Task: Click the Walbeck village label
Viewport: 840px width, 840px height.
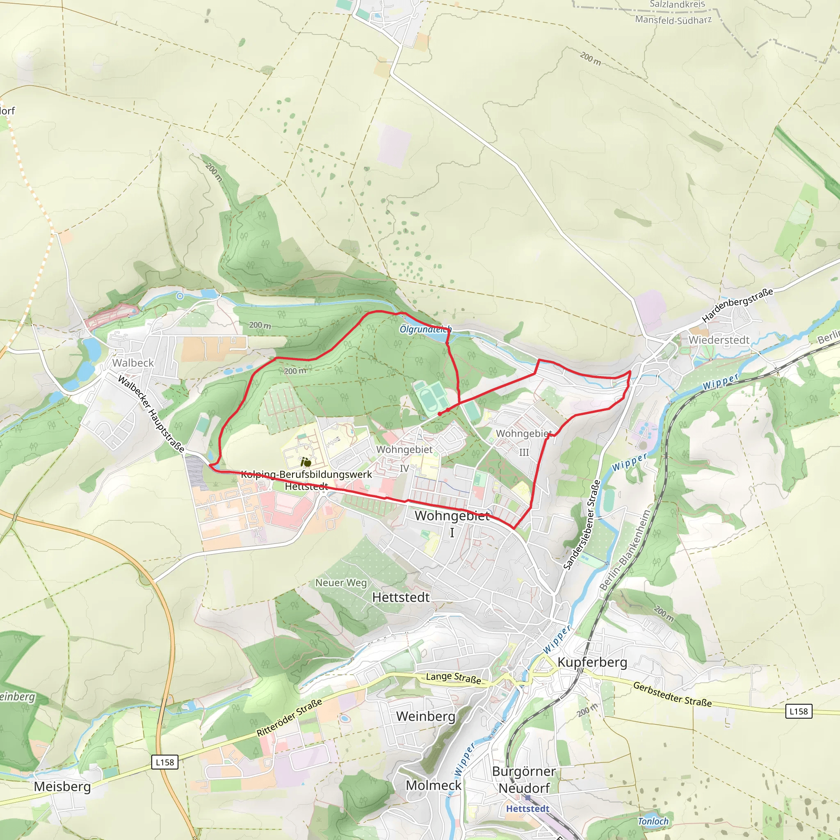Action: coord(133,363)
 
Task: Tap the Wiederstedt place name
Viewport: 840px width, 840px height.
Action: coord(719,340)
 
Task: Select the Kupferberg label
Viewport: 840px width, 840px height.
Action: coord(592,662)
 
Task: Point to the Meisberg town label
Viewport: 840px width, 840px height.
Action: coord(62,786)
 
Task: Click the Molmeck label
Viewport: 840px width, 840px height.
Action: coord(434,785)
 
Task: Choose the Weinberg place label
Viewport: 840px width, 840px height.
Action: coord(426,716)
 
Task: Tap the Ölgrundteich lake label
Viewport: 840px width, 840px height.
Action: coord(425,329)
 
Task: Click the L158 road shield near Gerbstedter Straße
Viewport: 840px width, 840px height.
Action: coord(799,711)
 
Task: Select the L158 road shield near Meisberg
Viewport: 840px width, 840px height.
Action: coord(165,762)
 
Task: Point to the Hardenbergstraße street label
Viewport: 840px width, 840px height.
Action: coord(737,305)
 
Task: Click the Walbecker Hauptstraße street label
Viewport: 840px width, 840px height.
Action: coord(151,413)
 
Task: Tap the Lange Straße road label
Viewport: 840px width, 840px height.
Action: coord(454,678)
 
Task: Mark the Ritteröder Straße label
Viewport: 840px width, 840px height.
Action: coord(289,717)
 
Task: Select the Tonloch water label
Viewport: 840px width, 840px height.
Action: coord(653,821)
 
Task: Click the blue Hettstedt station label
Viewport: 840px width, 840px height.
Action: coord(527,809)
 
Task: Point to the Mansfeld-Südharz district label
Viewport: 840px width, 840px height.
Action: coord(673,20)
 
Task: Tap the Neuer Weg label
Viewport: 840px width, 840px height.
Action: coord(341,582)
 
